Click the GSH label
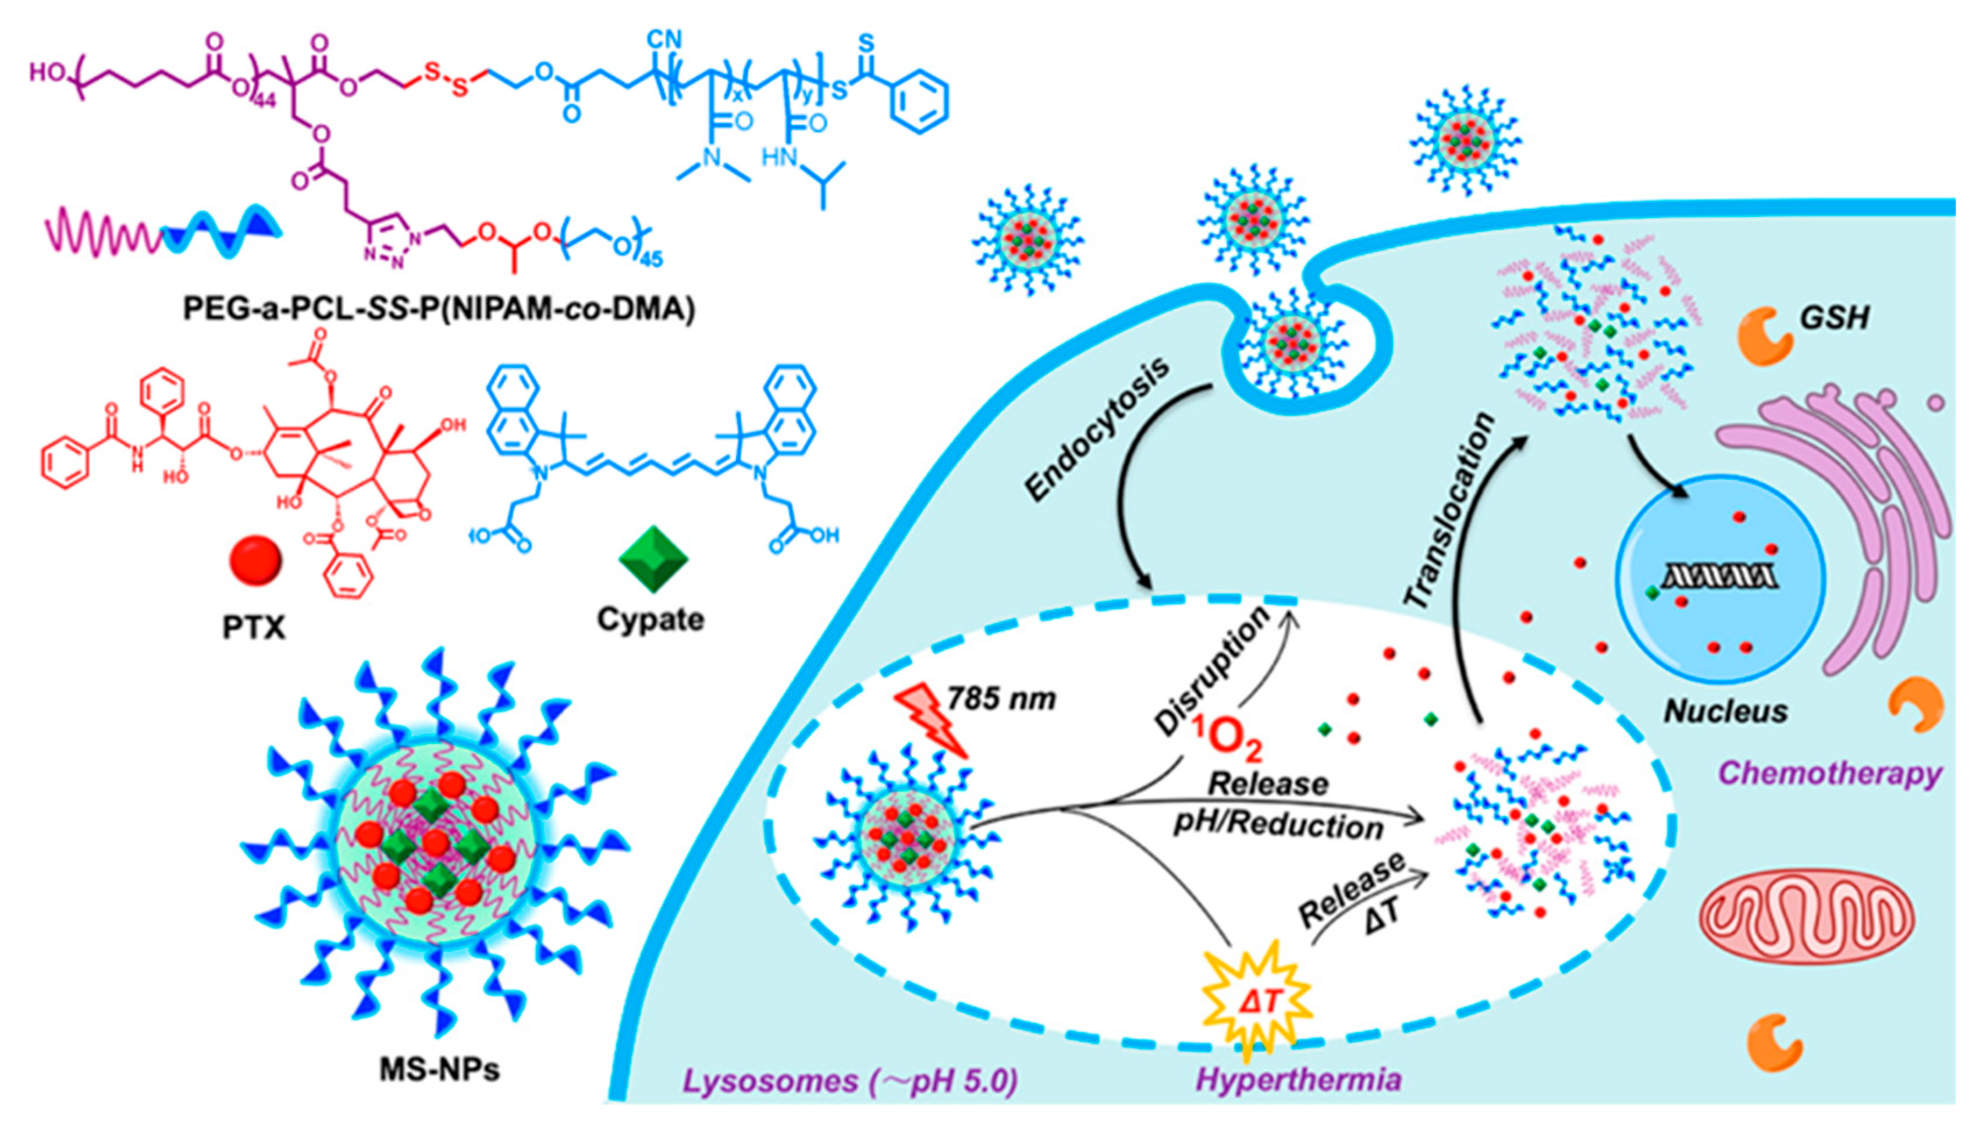click(x=1834, y=317)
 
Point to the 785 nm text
click(x=1001, y=699)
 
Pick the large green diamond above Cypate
click(x=653, y=558)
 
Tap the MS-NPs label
click(x=440, y=1069)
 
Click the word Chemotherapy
click(x=1830, y=773)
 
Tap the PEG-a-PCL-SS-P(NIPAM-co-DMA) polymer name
click(x=438, y=308)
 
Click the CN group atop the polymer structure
click(x=664, y=38)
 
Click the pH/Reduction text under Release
click(x=1278, y=826)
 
